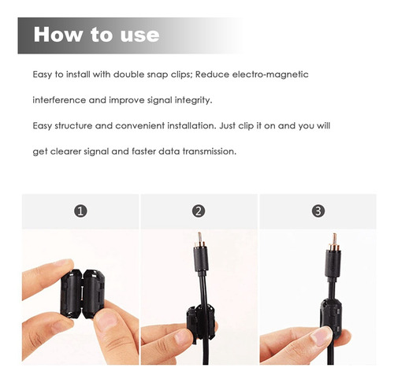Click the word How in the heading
pos(58,35)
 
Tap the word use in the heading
pos(139,36)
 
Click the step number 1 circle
pos(80,211)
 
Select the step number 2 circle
pos(199,211)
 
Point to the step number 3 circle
pos(318,211)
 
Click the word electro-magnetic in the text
pos(270,75)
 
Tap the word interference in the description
pos(59,100)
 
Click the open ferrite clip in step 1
pos(83,293)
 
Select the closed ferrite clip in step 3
pos(331,318)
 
